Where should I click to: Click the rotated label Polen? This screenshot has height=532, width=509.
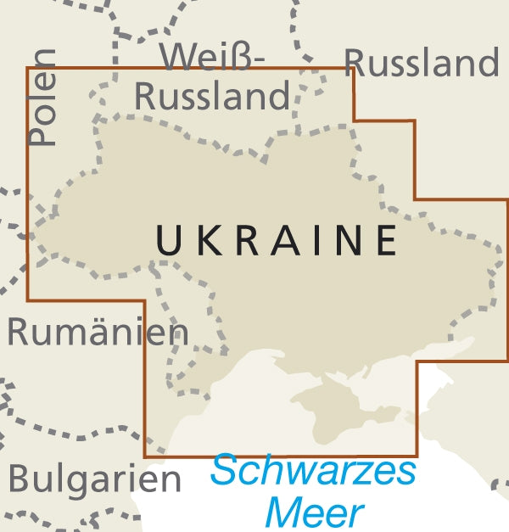[x=42, y=97]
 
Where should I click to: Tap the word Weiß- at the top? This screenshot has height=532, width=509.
[x=213, y=58]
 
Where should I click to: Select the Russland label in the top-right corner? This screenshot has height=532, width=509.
[x=422, y=63]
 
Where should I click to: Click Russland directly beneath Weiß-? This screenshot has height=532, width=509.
[x=212, y=97]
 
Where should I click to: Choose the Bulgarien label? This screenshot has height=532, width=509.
[x=94, y=479]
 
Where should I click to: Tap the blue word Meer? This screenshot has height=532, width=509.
[x=314, y=512]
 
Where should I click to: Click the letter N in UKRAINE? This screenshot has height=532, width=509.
[x=346, y=240]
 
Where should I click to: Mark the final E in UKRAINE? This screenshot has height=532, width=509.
[x=386, y=240]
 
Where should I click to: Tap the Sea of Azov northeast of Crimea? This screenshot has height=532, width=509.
[x=424, y=361]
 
